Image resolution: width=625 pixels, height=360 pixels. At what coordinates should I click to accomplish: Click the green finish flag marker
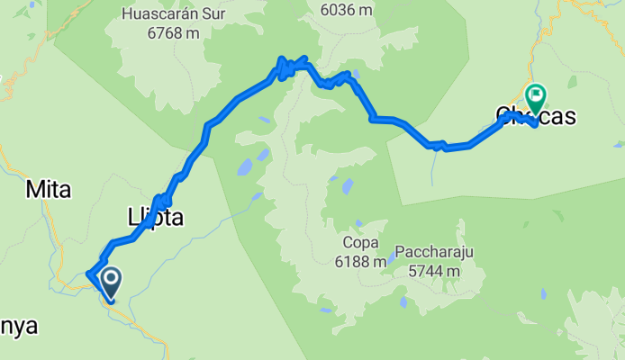pyautogui.click(x=536, y=94)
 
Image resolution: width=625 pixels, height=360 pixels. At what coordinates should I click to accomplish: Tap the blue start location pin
pyautogui.click(x=111, y=282)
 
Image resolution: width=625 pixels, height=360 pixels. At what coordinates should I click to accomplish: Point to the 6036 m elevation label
pyautogui.click(x=346, y=10)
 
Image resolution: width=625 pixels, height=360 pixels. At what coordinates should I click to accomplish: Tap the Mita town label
pyautogui.click(x=48, y=189)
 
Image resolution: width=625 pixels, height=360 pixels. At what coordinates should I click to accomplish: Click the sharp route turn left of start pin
pyautogui.click(x=88, y=274)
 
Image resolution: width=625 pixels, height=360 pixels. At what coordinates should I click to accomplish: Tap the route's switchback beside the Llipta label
pyautogui.click(x=161, y=200)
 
